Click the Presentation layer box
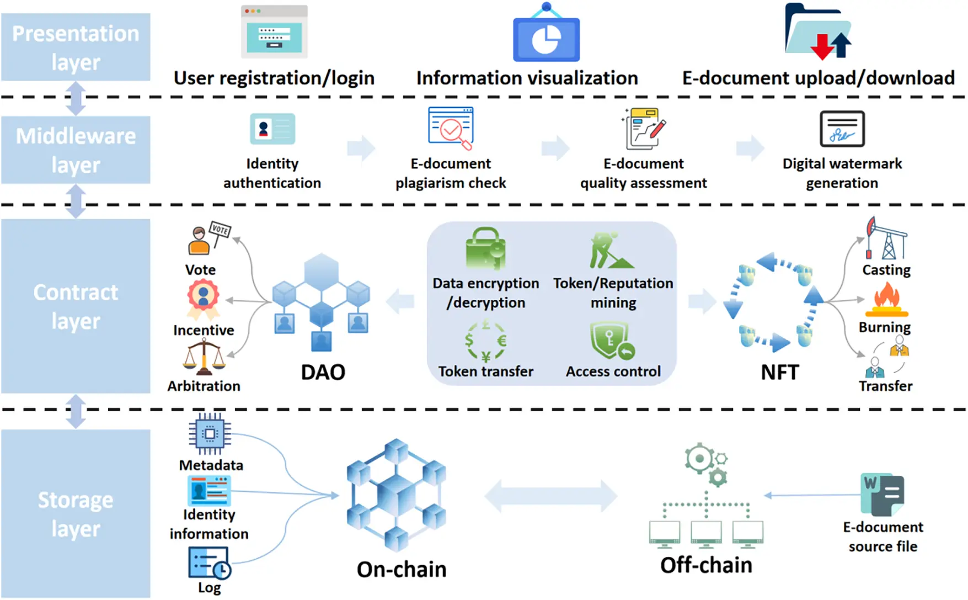(x=76, y=47)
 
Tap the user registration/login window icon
(x=274, y=32)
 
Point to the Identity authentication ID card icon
(x=272, y=129)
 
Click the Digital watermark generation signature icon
(x=842, y=129)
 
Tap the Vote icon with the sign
(x=208, y=238)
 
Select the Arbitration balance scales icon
(x=204, y=357)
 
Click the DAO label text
(x=323, y=372)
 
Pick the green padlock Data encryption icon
(x=485, y=249)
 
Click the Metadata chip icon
(x=210, y=434)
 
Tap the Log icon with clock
(x=209, y=562)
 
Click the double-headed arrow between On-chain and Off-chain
(x=550, y=496)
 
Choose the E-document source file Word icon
(x=882, y=494)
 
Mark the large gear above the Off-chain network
(x=699, y=459)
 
